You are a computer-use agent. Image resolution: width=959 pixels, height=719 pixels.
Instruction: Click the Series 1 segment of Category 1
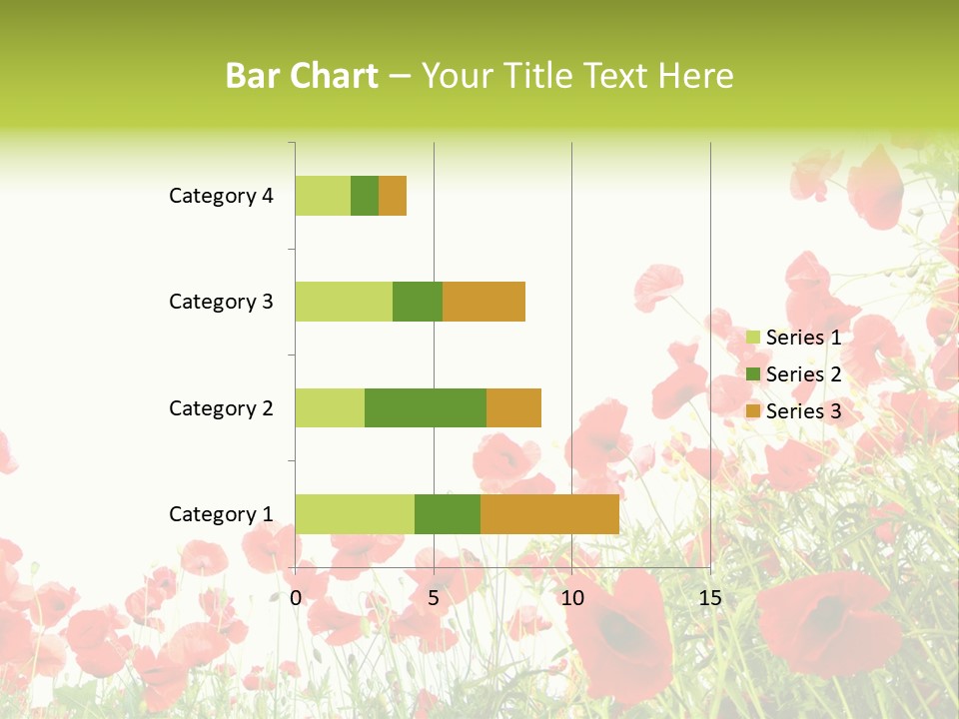(x=355, y=513)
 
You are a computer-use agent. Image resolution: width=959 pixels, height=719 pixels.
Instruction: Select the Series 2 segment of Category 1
(x=448, y=513)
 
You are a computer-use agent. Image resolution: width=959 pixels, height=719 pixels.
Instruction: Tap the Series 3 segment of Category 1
(x=549, y=513)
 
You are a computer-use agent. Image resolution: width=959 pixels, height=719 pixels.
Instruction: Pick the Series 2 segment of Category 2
(x=426, y=407)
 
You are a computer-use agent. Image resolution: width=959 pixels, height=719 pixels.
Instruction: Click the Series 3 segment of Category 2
(x=513, y=407)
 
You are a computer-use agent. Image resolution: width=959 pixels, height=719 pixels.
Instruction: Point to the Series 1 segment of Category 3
(x=344, y=302)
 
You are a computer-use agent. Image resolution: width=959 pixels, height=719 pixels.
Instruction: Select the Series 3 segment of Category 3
(x=483, y=302)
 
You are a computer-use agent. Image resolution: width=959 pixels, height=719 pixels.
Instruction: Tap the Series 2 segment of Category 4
(x=365, y=196)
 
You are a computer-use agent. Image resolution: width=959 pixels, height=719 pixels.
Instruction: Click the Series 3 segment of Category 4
(x=393, y=196)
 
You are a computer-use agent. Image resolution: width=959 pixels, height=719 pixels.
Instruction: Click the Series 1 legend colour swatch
(x=753, y=338)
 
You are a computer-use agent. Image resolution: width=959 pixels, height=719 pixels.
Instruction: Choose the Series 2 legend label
(x=803, y=374)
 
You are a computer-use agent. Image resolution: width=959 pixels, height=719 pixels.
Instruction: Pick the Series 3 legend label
(x=803, y=411)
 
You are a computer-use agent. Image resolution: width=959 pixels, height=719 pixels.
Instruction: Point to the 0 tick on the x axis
(x=296, y=598)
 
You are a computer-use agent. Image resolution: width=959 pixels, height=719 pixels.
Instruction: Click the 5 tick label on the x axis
(x=434, y=598)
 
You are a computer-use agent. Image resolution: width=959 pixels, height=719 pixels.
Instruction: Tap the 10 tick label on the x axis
(x=571, y=598)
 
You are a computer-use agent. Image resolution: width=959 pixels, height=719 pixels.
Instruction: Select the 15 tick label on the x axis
(x=710, y=598)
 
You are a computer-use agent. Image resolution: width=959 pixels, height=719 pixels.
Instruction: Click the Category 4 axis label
(x=221, y=196)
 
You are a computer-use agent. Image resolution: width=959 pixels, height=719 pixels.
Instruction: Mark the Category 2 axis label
(x=221, y=407)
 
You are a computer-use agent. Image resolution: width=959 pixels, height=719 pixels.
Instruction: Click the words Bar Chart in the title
(x=302, y=76)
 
